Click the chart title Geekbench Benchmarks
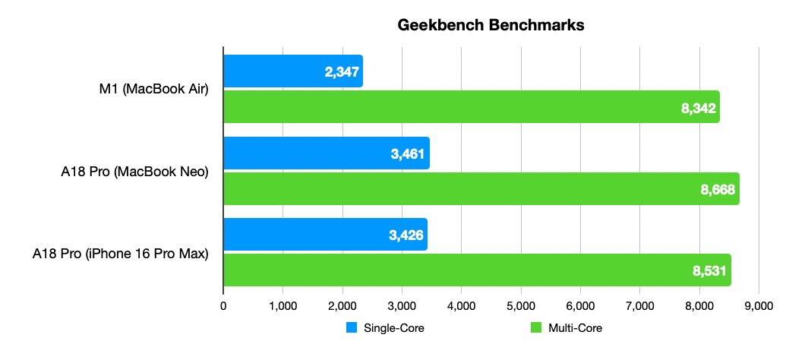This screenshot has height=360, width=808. [491, 25]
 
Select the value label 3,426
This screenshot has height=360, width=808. [404, 235]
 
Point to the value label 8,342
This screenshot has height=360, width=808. [698, 109]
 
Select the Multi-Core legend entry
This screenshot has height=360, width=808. [567, 328]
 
